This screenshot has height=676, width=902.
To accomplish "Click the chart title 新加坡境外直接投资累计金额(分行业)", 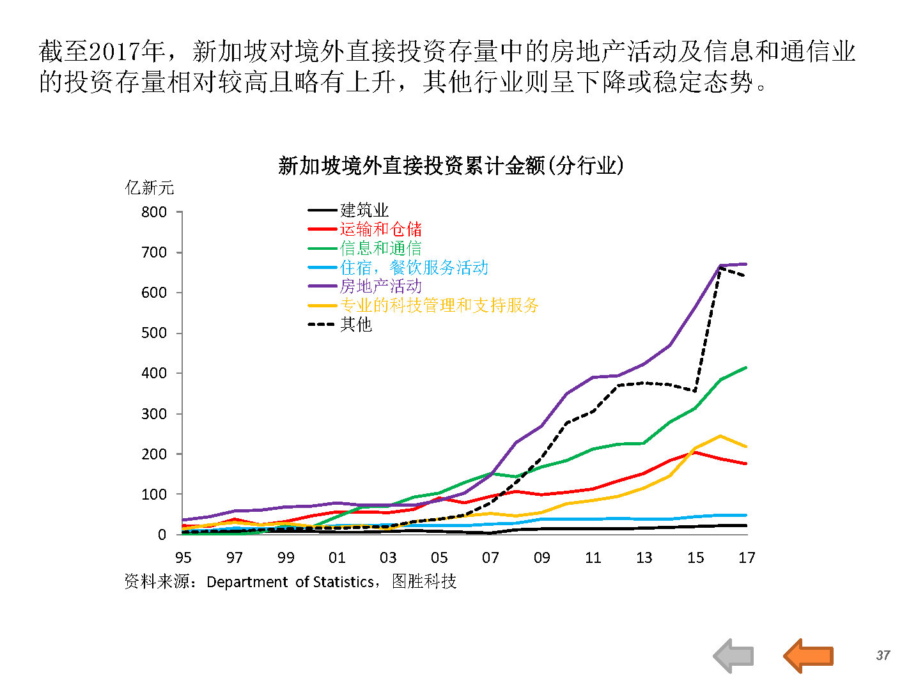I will (451, 165).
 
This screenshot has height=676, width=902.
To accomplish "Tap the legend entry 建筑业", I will (364, 210).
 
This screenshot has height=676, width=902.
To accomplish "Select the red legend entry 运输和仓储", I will (380, 229).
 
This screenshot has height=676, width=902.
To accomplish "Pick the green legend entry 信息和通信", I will (380, 248).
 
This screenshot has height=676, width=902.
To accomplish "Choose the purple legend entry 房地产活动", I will (380, 286).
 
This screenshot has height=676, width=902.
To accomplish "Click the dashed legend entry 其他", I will (355, 324).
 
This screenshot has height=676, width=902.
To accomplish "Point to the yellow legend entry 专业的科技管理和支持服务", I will (439, 305).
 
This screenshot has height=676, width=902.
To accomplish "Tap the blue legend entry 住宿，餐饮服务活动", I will (414, 267).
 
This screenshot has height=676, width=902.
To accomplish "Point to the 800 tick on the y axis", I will (154, 212).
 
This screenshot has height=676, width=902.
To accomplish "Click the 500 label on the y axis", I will (154, 333).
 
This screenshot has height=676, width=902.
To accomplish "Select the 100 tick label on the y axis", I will (154, 494).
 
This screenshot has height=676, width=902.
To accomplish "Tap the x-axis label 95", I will (183, 558).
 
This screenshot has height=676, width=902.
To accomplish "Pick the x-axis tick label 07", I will (490, 558).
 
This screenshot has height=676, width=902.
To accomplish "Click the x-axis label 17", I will (747, 558).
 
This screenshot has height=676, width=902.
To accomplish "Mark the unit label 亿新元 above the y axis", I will (150, 187).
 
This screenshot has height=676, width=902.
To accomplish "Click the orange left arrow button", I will (809, 655).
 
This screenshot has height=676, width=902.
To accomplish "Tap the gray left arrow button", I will (734, 656).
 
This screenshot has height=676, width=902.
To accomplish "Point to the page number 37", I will (883, 655).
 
